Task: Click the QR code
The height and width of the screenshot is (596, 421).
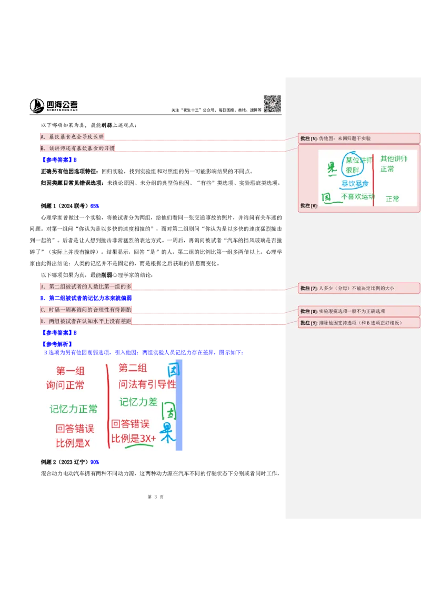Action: [x=272, y=103]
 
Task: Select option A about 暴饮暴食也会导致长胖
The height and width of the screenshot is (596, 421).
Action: [x=72, y=137]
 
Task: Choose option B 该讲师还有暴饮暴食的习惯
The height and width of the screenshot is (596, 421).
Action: [x=77, y=149]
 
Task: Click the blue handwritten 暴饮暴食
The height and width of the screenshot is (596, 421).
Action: [x=355, y=184]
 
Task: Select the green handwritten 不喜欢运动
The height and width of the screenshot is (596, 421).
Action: [x=357, y=197]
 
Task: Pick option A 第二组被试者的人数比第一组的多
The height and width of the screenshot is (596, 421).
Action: [x=86, y=286]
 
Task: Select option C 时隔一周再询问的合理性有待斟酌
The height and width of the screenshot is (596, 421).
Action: [x=86, y=310]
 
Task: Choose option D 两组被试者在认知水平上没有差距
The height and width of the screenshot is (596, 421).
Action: [x=86, y=321]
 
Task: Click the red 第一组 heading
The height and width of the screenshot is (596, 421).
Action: [x=71, y=371]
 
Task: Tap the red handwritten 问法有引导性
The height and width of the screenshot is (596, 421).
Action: [x=147, y=384]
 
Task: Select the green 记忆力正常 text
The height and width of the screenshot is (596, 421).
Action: [x=73, y=409]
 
